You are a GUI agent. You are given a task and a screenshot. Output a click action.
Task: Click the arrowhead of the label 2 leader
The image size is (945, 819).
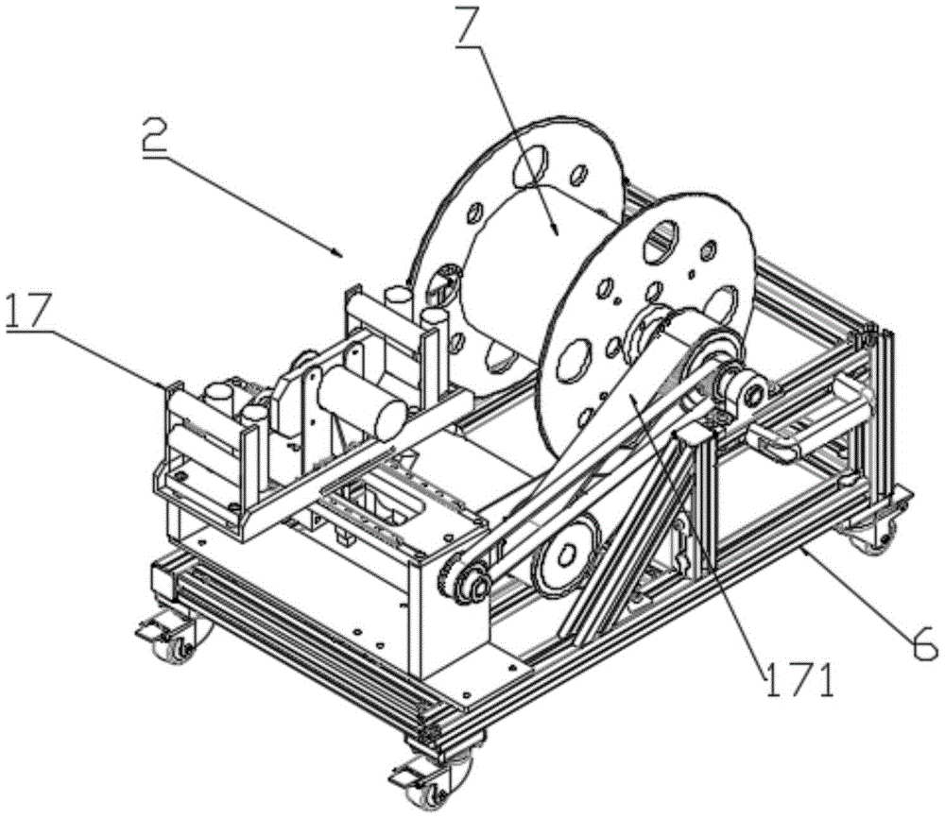pyautogui.click(x=338, y=252)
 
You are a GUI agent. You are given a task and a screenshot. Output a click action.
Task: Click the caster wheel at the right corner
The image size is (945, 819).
pyautogui.click(x=867, y=536)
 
